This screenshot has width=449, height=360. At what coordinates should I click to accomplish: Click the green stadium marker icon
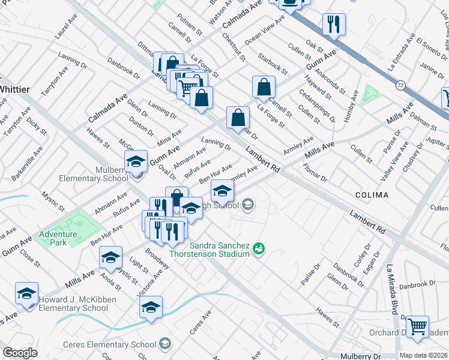259,247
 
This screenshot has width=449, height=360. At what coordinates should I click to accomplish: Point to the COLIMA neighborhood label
371,195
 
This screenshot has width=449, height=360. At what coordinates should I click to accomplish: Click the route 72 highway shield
400,86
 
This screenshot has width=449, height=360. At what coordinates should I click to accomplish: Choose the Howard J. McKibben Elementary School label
73,304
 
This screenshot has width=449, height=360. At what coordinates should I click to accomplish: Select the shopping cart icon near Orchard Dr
417,326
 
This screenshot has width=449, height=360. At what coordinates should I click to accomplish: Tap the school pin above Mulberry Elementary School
136,161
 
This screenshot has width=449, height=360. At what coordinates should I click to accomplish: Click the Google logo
20,353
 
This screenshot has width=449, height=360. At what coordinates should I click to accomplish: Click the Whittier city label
14,89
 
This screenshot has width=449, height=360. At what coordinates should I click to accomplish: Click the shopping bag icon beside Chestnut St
264,87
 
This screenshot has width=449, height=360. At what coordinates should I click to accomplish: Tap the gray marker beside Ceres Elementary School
165,344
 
